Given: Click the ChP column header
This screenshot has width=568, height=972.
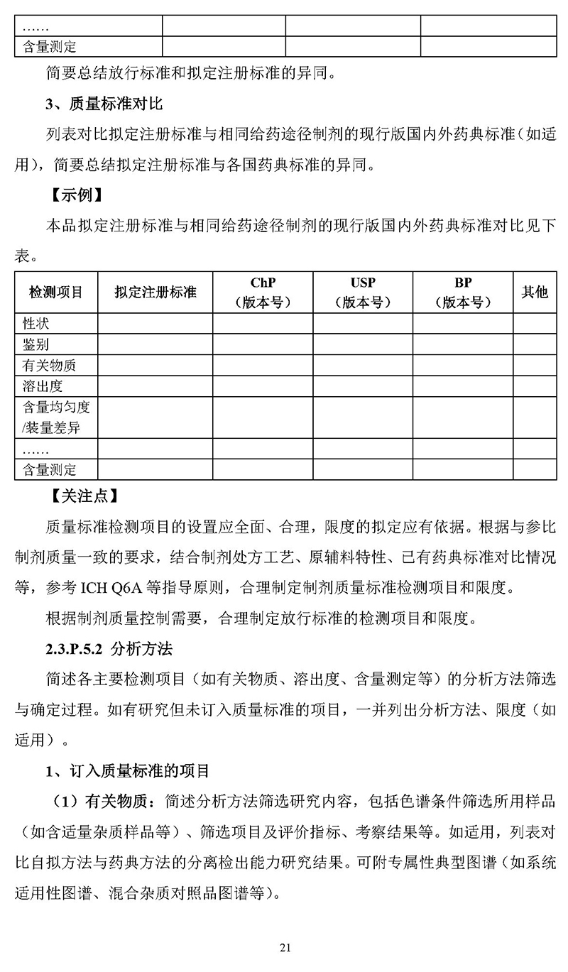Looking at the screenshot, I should [x=263, y=292].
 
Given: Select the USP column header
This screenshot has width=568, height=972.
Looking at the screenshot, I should [x=363, y=292].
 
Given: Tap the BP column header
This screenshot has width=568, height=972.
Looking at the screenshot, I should [x=463, y=292].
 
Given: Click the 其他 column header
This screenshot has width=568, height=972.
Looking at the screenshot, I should [x=535, y=292].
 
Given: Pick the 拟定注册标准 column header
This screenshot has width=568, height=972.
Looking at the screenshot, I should [x=155, y=292].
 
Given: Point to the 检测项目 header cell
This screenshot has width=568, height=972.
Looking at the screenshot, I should [x=56, y=292].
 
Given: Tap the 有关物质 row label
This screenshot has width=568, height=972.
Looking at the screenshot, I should [x=49, y=366].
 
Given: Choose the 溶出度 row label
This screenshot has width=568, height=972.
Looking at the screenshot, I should [x=43, y=386].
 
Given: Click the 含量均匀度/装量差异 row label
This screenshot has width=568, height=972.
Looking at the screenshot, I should [x=56, y=417].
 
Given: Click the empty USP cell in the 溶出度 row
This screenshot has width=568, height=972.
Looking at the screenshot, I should [x=363, y=386].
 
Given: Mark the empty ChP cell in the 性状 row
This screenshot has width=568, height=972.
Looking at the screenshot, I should [x=263, y=324].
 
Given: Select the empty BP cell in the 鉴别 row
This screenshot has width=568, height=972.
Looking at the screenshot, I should [x=463, y=345].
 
